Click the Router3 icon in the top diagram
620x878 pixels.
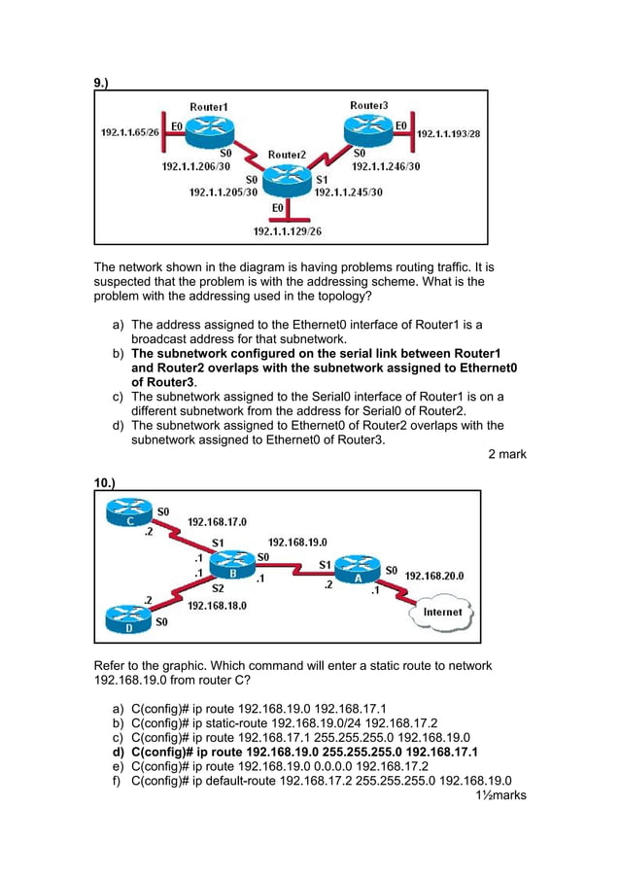(369, 126)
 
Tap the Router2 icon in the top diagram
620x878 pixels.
(287, 176)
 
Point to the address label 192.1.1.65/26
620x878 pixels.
(131, 131)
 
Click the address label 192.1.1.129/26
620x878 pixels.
(287, 231)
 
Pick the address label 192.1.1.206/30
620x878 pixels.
(195, 166)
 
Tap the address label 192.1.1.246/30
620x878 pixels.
(386, 166)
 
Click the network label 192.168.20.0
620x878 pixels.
(433, 576)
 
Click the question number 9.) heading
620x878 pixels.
(101, 84)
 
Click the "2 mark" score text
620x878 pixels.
(506, 454)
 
